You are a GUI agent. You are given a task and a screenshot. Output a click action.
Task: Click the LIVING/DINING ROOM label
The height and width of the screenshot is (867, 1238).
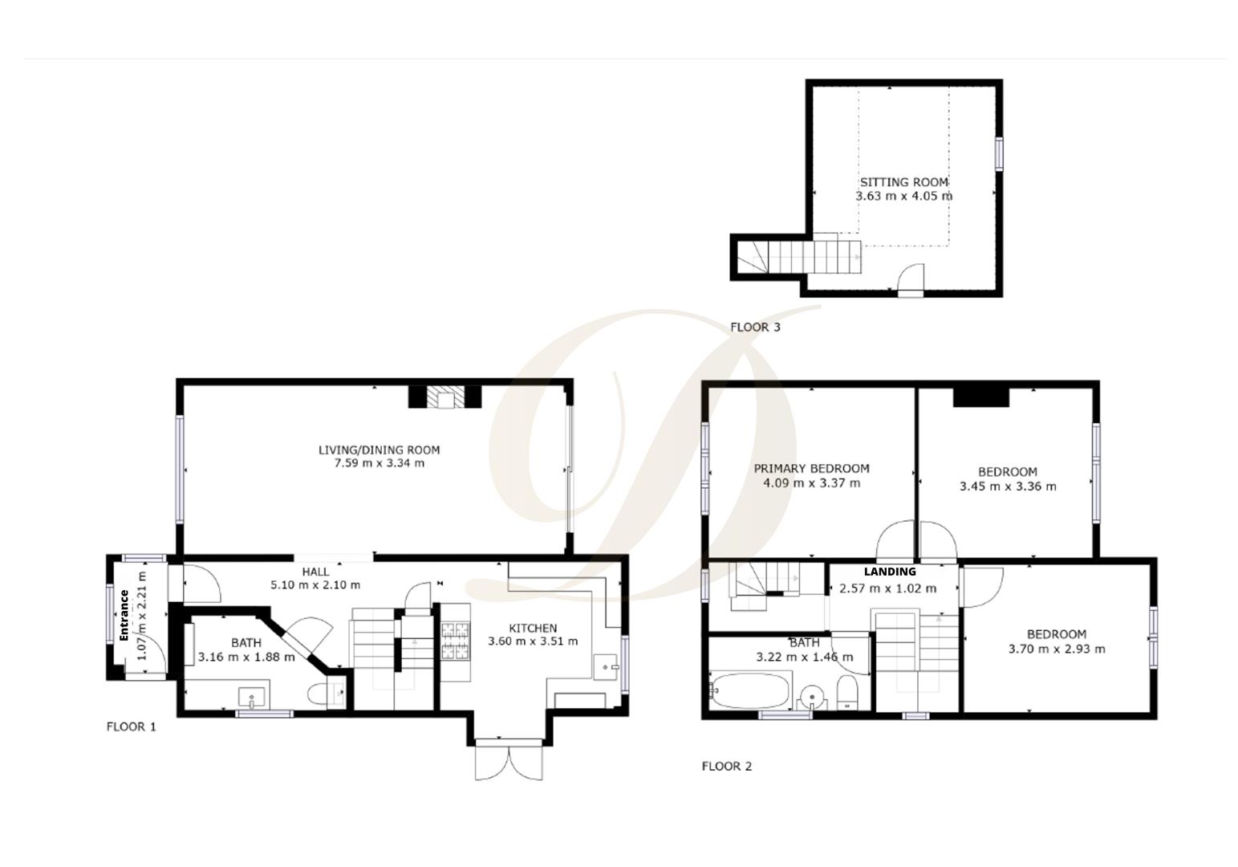tap(379, 450)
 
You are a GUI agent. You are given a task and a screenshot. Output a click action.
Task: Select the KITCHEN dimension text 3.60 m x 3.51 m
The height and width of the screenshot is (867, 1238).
tap(533, 641)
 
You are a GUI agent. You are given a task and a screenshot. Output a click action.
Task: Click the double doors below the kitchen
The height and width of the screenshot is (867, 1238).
tap(510, 761)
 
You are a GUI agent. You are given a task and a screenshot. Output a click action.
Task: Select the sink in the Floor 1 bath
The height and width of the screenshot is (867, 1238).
tap(254, 696)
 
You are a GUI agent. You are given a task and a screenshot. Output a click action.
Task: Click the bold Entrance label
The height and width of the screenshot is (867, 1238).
tap(124, 616)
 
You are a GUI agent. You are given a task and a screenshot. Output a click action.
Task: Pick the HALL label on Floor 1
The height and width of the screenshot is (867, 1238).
tap(315, 572)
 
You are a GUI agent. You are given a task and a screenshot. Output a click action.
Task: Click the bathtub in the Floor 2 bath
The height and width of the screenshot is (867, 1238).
tap(749, 691)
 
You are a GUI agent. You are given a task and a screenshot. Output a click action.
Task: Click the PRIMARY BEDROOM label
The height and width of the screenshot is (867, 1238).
tap(811, 469)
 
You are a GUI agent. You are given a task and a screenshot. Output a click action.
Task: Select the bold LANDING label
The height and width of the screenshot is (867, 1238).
tap(890, 572)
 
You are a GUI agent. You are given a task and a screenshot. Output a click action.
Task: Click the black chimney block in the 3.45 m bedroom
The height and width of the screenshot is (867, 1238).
tap(980, 397)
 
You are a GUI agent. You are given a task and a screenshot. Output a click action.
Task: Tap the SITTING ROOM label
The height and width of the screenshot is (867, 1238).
tap(903, 182)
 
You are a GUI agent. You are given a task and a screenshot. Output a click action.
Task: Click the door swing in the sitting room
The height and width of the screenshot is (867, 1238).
tap(910, 279)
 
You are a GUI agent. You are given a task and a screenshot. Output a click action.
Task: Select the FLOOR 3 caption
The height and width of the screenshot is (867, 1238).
tap(754, 328)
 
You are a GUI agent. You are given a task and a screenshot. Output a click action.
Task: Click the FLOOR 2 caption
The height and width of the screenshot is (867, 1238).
tap(726, 767)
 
